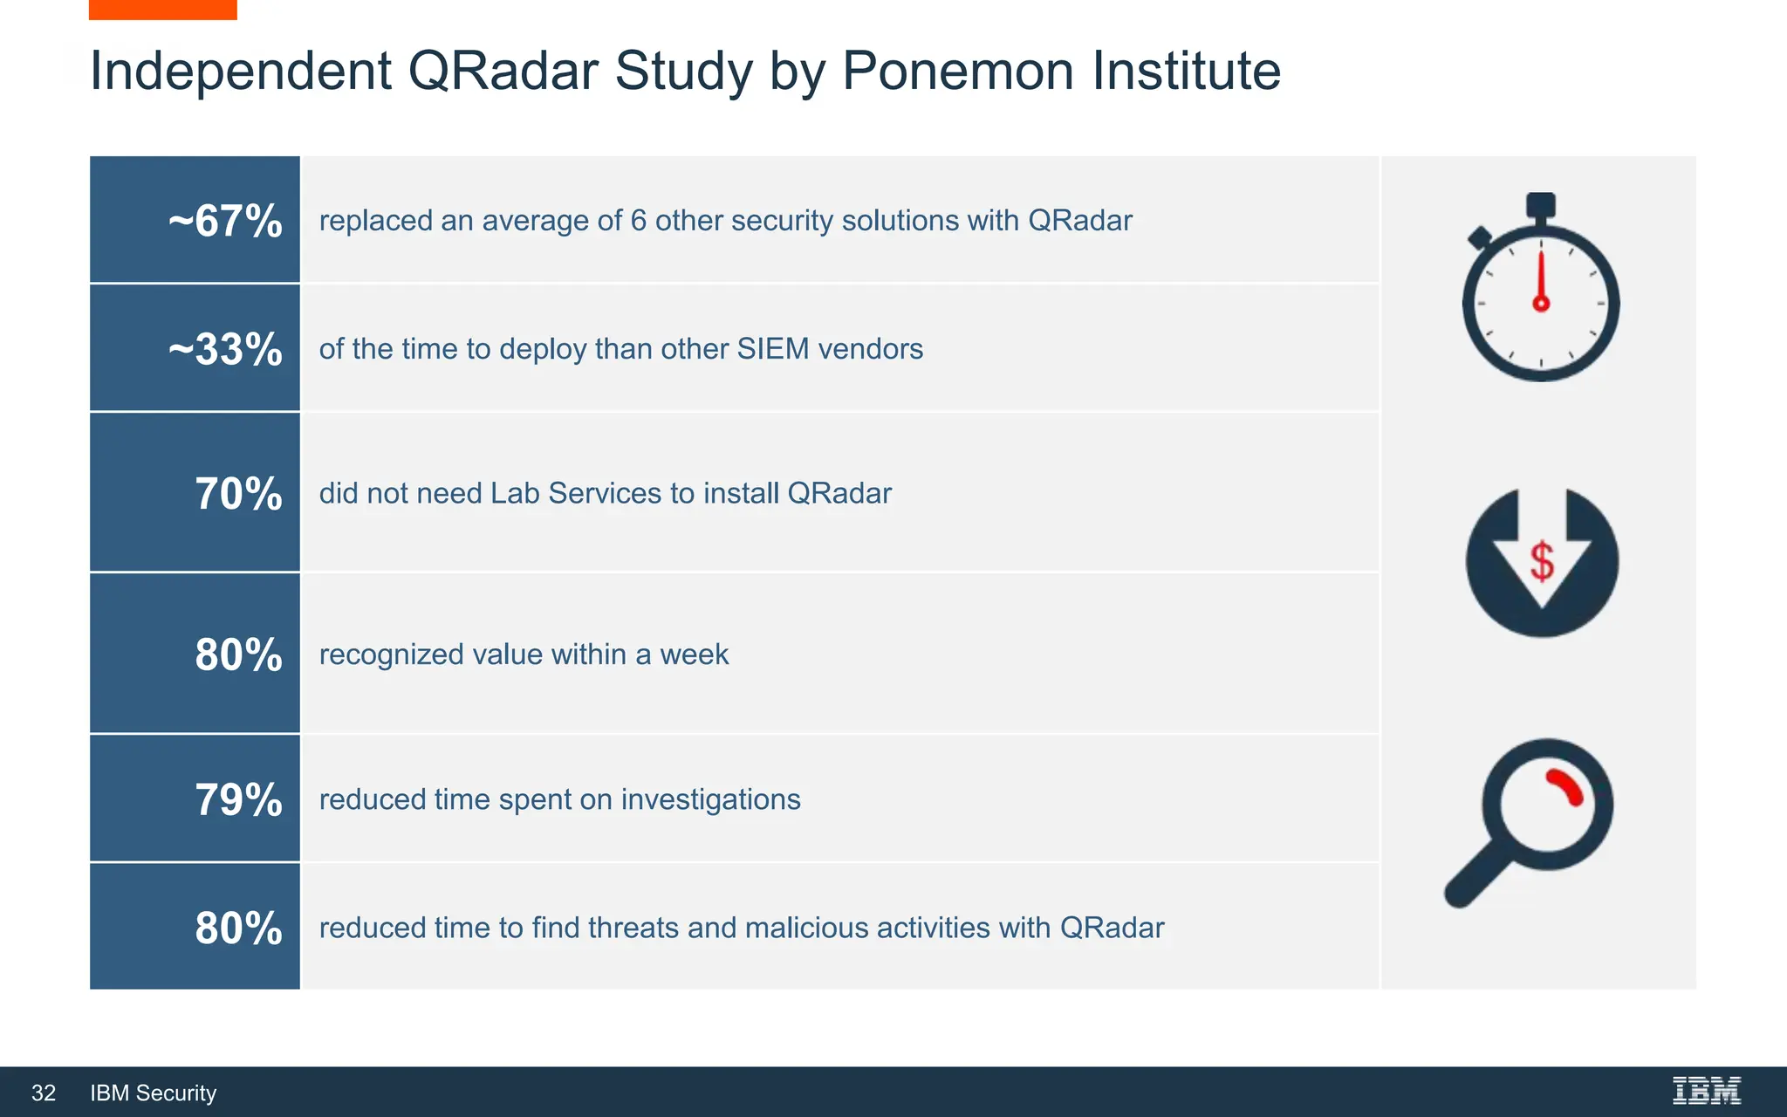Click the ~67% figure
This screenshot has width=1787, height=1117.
tap(225, 221)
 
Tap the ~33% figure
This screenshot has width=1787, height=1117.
tap(225, 349)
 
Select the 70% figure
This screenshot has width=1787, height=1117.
tap(238, 494)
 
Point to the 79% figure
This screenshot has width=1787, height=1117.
tap(238, 799)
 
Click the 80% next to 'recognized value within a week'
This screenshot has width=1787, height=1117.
tap(238, 654)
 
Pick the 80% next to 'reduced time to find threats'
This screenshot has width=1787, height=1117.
tap(238, 928)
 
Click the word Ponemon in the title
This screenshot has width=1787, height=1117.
tap(958, 71)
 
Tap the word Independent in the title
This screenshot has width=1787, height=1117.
tap(241, 71)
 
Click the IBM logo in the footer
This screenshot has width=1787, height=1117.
tap(1706, 1091)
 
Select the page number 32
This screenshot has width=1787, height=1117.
tap(44, 1093)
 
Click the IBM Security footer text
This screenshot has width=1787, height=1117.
tap(154, 1093)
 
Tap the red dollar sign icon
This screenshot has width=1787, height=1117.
tap(1542, 561)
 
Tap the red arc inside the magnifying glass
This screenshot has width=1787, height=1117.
tap(1566, 786)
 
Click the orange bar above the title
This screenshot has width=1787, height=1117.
tap(162, 10)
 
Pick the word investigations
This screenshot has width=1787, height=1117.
tap(710, 799)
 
